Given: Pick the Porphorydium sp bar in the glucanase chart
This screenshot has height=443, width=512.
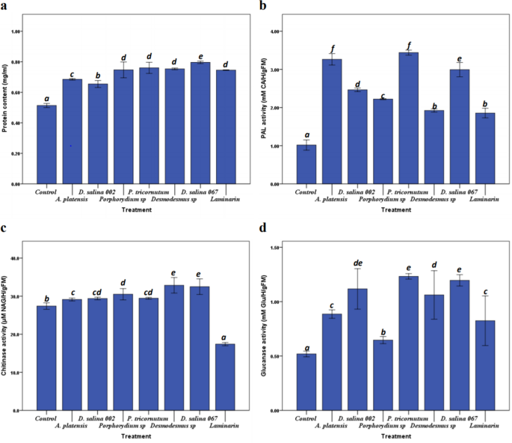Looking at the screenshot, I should (383, 375).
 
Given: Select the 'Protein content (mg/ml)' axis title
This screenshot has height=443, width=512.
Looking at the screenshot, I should (7, 97).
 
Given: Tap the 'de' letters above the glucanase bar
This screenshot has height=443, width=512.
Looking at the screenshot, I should (357, 263).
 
